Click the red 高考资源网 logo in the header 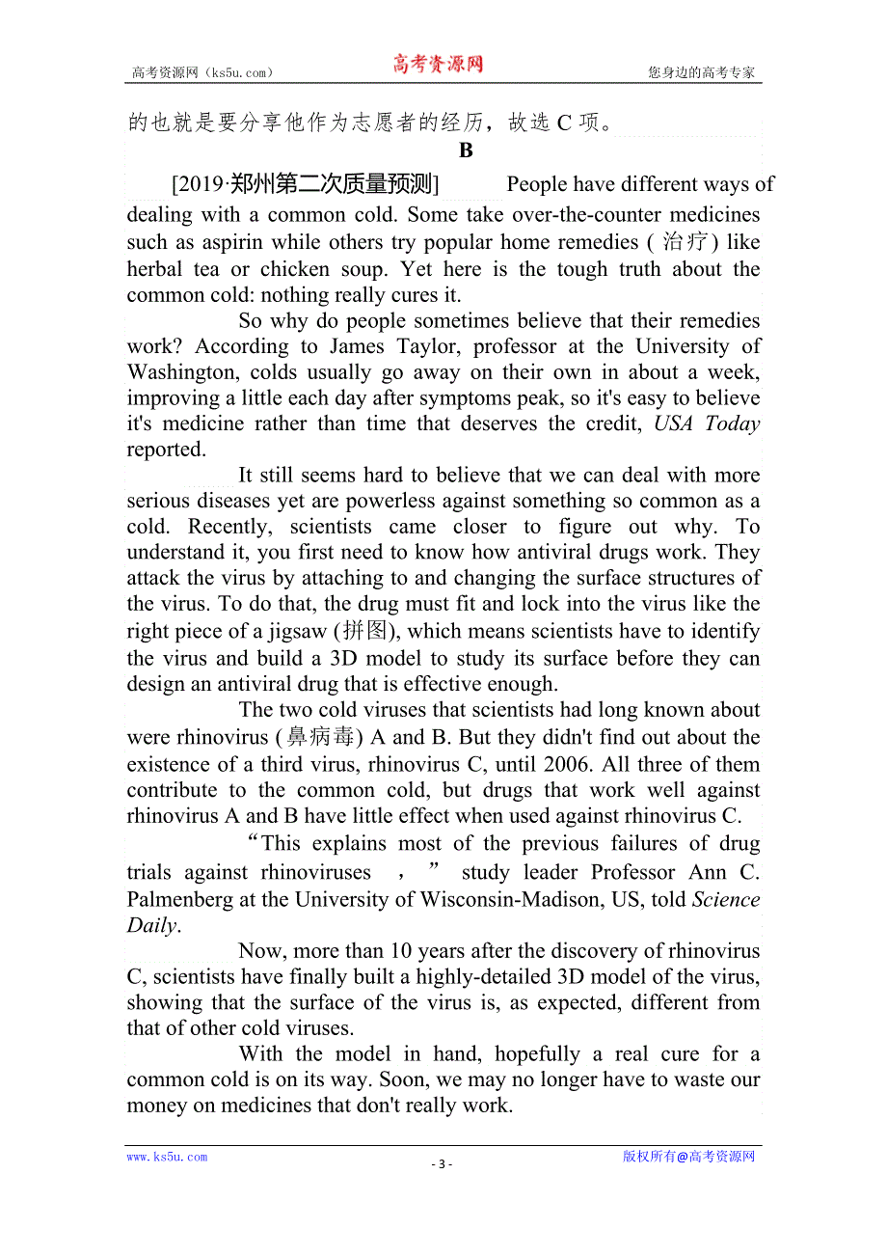coord(438,65)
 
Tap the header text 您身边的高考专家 coord(701,72)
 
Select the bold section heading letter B coord(467,150)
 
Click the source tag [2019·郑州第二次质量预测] coord(305,184)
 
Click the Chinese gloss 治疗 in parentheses coord(685,242)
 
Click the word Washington coord(183,372)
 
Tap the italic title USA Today coord(707,423)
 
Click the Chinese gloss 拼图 coord(360,632)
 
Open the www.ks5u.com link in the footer coord(167,1157)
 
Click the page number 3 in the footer coord(442,1163)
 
